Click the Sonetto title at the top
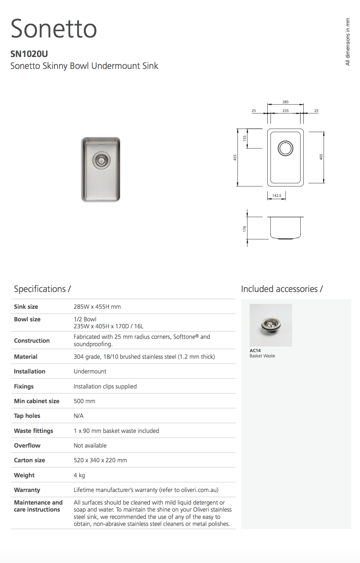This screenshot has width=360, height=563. click(54, 29)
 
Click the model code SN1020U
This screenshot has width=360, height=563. click(29, 54)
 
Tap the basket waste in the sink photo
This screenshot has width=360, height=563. click(101, 161)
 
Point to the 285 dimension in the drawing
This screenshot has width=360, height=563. click(286, 102)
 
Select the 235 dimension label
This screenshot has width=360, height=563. click(286, 111)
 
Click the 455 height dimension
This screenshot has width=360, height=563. click(235, 157)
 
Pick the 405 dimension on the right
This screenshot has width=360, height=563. click(321, 157)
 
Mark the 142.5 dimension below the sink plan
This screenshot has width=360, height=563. click(277, 195)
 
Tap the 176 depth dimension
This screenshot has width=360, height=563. click(244, 229)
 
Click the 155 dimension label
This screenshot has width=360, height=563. click(245, 138)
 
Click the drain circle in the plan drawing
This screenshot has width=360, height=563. click(286, 148)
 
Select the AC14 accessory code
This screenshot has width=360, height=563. click(255, 350)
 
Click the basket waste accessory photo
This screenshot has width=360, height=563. click(271, 325)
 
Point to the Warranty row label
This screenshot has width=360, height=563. click(27, 490)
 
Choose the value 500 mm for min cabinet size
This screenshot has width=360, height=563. click(84, 401)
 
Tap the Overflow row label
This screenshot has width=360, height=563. click(27, 446)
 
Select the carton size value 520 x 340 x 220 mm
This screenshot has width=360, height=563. click(100, 460)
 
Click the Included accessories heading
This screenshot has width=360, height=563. click(282, 289)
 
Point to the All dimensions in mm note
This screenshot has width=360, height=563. click(347, 42)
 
